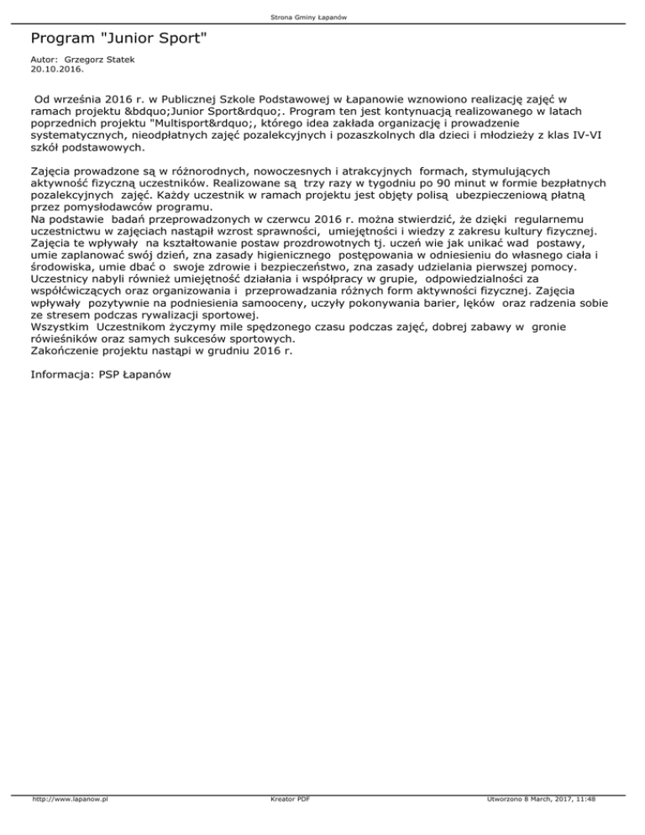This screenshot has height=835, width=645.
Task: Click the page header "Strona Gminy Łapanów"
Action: pos(322,17)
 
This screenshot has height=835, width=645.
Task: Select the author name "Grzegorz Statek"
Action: pos(100,63)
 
